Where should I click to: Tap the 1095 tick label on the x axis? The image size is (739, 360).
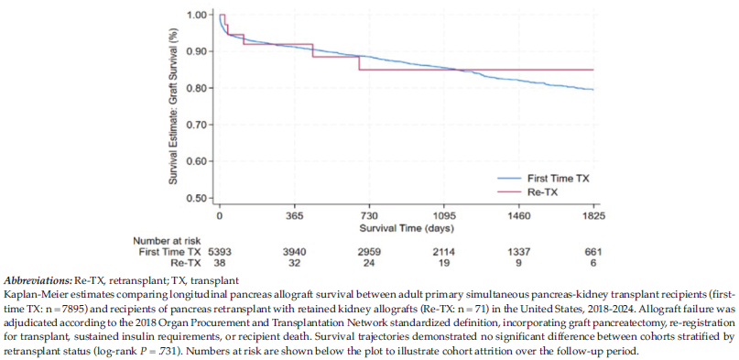(444, 217)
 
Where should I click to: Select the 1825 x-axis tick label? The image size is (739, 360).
(593, 217)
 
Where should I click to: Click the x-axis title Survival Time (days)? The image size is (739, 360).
(407, 229)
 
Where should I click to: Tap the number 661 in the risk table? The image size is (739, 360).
(593, 252)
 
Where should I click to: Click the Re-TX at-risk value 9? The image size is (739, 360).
(519, 263)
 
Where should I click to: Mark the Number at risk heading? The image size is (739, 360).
(163, 241)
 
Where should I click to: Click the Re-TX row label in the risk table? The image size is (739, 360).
(188, 263)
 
